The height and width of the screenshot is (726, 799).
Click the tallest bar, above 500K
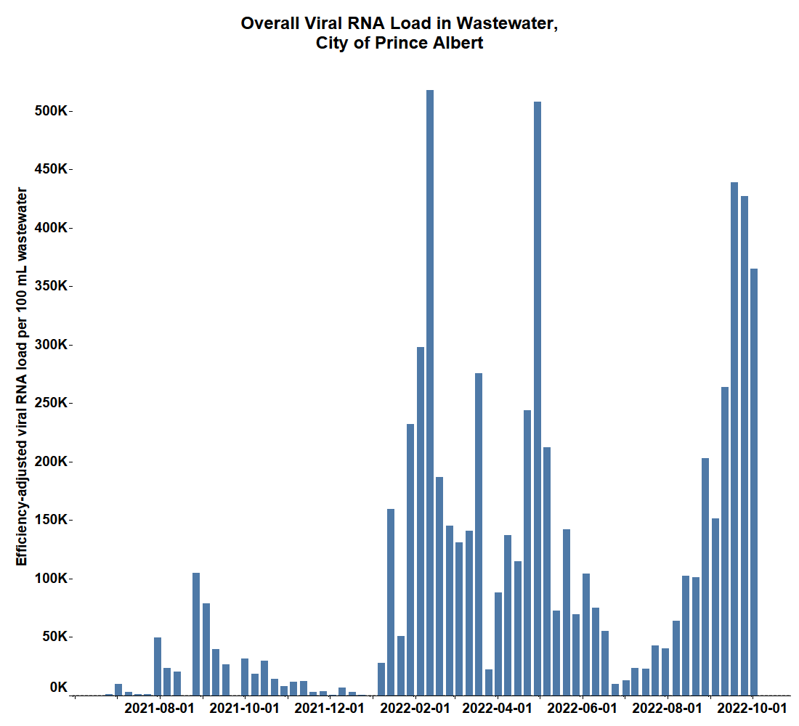[430, 392]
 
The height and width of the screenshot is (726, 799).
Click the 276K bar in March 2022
[479, 534]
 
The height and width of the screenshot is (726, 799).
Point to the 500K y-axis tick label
[53, 111]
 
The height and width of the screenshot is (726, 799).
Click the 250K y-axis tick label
[53, 403]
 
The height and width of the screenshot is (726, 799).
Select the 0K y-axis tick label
[59, 687]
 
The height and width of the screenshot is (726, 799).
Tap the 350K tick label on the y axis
[53, 286]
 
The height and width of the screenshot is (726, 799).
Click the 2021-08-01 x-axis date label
[160, 707]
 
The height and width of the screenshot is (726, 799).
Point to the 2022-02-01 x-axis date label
[415, 707]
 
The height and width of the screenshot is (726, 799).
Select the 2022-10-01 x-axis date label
[753, 707]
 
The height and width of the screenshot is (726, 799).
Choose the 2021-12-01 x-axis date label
[329, 707]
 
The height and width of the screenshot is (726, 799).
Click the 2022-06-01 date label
[583, 707]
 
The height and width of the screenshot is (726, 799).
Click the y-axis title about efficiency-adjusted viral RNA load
[22, 376]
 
